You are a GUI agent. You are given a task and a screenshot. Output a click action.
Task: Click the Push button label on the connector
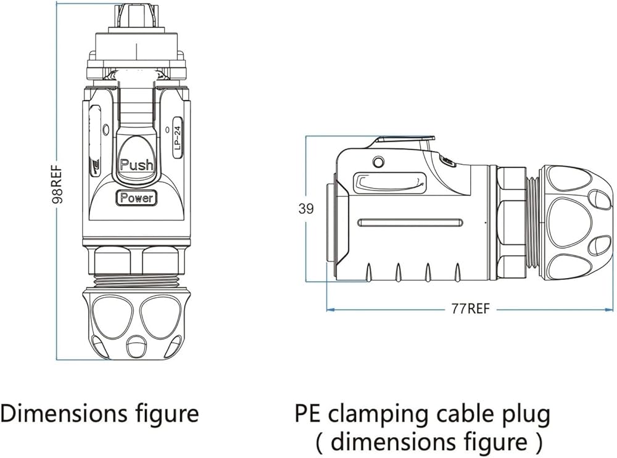tap(136, 165)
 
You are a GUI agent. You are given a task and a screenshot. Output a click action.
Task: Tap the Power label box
tap(136, 198)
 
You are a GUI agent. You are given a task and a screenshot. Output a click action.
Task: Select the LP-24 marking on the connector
tap(177, 137)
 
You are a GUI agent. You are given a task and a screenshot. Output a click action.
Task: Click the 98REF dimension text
tap(57, 183)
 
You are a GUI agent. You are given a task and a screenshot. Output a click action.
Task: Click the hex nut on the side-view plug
tap(511, 222)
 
